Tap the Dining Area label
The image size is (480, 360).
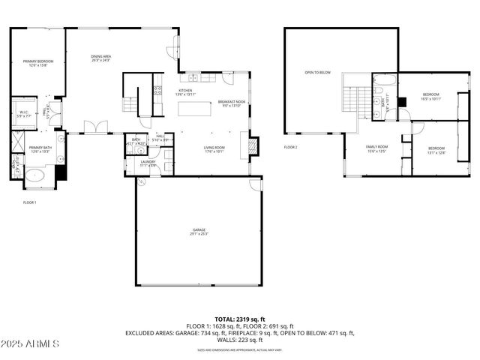coord(101,58)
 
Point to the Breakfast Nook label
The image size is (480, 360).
coord(229,103)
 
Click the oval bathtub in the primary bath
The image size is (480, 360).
coord(35,177)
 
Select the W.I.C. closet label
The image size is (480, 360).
coord(24,114)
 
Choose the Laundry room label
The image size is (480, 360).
coord(148,163)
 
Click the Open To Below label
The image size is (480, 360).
coord(317,73)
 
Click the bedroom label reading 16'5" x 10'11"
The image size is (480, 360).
coord(430,97)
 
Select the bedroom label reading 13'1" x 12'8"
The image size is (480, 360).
coord(436,150)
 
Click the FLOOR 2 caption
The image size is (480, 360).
coord(291,147)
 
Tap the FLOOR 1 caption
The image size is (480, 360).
coord(30,202)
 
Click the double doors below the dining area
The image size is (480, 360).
coord(96,127)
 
